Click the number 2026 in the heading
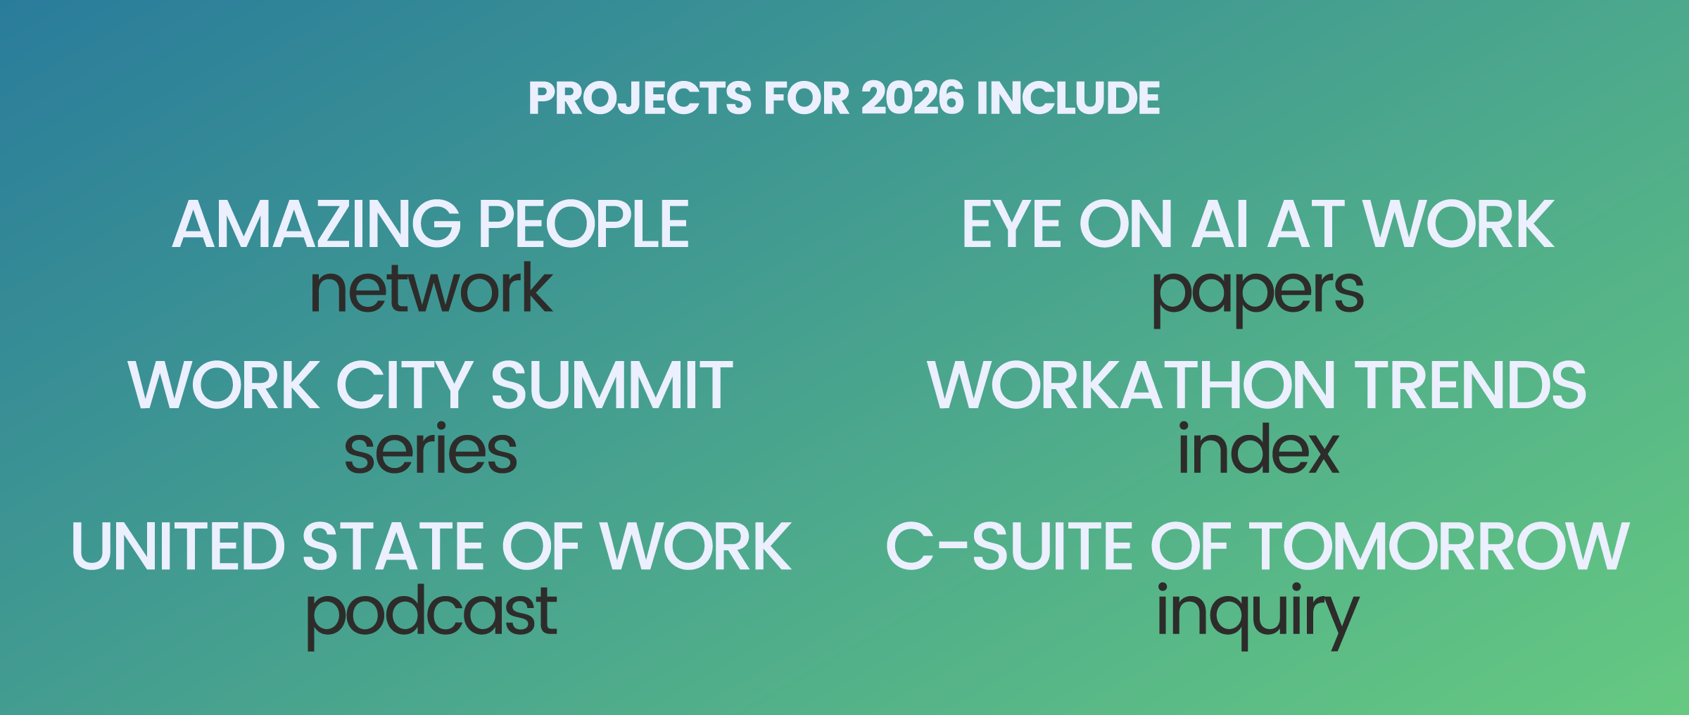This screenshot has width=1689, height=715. (x=912, y=98)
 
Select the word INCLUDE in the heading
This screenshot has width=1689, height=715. (x=1068, y=98)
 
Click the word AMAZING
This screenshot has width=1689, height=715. (x=317, y=224)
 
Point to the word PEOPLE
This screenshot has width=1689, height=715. (x=585, y=224)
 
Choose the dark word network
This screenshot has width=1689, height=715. (x=431, y=289)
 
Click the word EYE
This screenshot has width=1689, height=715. (x=1011, y=224)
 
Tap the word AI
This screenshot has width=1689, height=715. (x=1220, y=224)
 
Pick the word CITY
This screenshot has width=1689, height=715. (x=405, y=385)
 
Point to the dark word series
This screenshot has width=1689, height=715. (x=431, y=448)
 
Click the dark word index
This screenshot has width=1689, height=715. (x=1258, y=448)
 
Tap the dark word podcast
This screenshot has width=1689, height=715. (x=431, y=616)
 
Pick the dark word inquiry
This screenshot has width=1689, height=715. (x=1258, y=616)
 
